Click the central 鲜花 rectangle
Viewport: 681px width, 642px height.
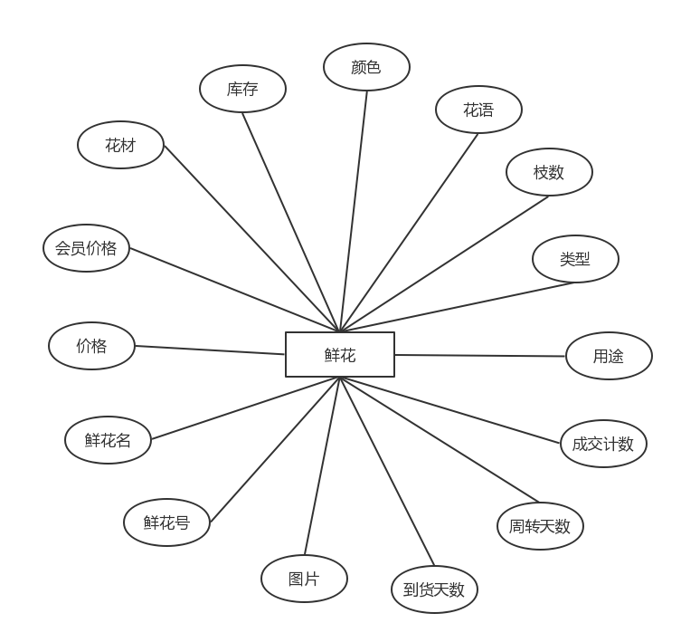(x=340, y=355)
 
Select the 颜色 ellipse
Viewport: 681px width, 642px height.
(x=366, y=67)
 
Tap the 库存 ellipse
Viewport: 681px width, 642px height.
(x=242, y=89)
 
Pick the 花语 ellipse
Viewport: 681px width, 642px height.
(x=478, y=110)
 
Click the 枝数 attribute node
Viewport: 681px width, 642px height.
(x=549, y=172)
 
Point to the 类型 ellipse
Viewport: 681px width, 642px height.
(x=575, y=260)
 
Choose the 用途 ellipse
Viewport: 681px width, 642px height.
(x=609, y=357)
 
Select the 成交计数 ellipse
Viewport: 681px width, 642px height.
(x=603, y=444)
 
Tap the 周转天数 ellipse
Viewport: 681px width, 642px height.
(x=540, y=526)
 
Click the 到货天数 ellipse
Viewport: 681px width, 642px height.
(x=434, y=589)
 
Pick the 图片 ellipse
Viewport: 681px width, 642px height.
(x=304, y=579)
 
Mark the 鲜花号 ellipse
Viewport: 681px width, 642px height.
(x=166, y=522)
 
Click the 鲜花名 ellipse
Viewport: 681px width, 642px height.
(x=108, y=441)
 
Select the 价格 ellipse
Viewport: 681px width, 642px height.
(x=91, y=346)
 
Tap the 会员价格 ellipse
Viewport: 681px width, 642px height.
(x=86, y=248)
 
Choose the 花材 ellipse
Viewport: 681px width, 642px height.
(x=120, y=145)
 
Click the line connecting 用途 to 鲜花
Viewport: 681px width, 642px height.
(x=479, y=356)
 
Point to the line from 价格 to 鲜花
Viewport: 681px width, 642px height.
(x=210, y=350)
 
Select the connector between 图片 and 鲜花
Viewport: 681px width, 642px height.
(x=322, y=466)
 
